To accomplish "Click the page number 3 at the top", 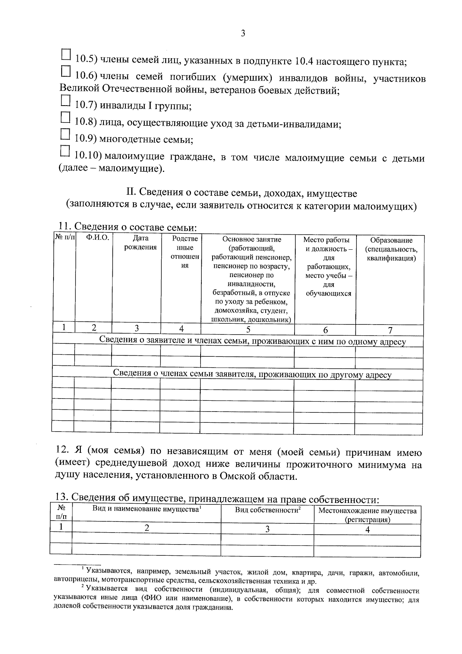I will click(243, 34).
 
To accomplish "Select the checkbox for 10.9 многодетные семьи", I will click(66, 134).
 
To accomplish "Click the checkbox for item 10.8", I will click(66, 117).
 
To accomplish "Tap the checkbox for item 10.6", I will click(66, 72).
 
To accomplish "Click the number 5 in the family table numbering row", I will click(248, 329).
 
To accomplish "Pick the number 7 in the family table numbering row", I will click(390, 330).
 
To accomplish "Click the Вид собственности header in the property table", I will click(267, 510).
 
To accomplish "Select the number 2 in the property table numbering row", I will click(147, 528).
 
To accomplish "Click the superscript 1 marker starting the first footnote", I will click(83, 568).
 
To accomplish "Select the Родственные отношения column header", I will click(185, 252).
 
